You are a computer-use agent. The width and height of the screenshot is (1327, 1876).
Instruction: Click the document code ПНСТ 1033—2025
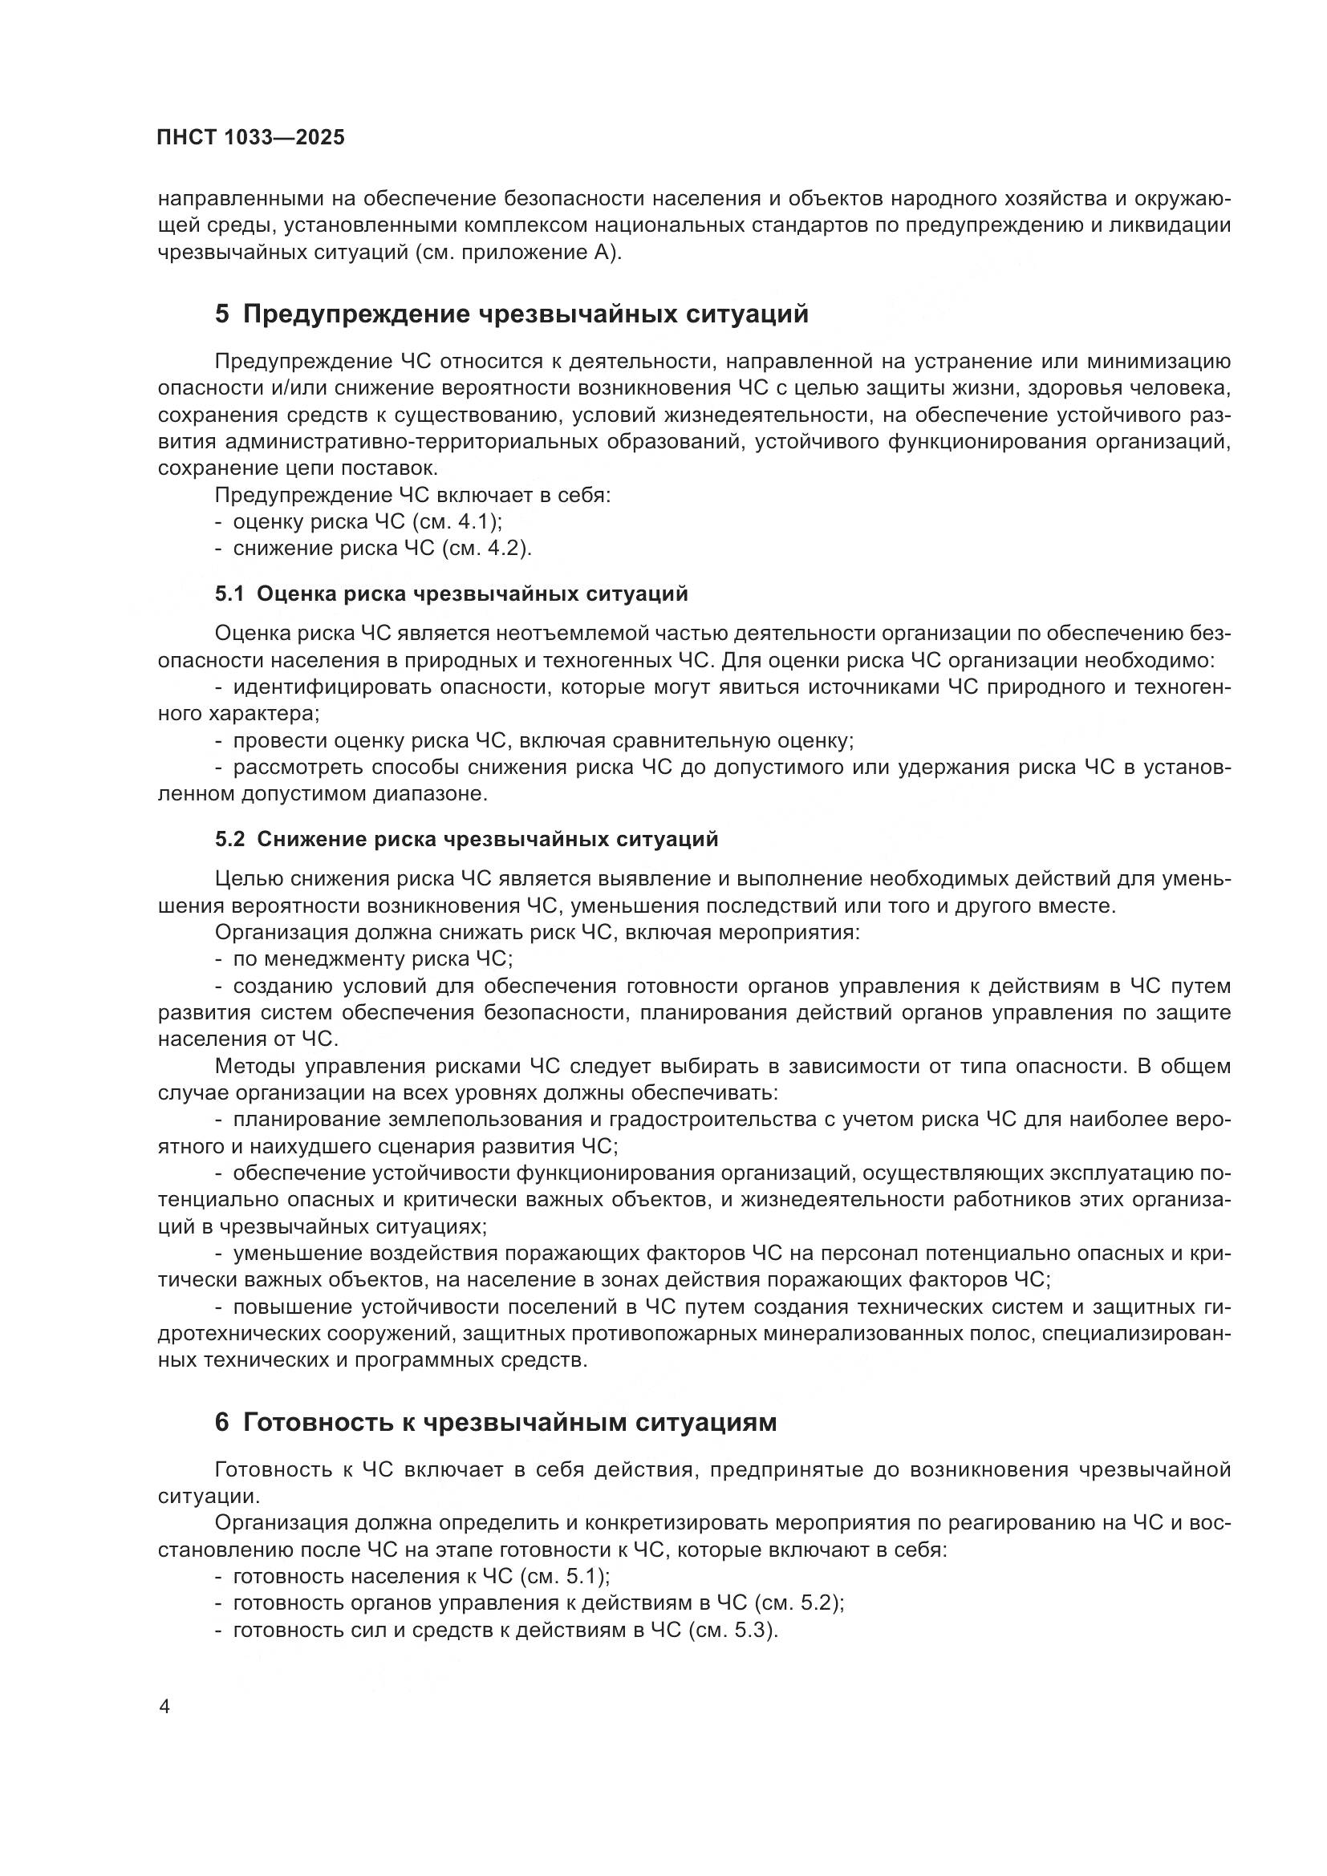coord(251,137)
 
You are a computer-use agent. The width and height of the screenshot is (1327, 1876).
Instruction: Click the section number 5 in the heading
coord(222,314)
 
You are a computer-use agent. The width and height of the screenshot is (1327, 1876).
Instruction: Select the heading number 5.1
coord(229,594)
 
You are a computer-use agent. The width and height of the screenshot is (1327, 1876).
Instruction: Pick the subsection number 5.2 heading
coord(229,839)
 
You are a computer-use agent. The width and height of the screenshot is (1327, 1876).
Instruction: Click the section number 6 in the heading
coord(222,1422)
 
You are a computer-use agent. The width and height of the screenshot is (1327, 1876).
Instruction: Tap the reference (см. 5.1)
coord(565,1575)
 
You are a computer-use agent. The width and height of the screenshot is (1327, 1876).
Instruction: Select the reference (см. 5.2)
coord(799,1603)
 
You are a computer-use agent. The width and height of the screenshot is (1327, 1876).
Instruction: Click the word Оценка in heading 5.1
coord(295,594)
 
